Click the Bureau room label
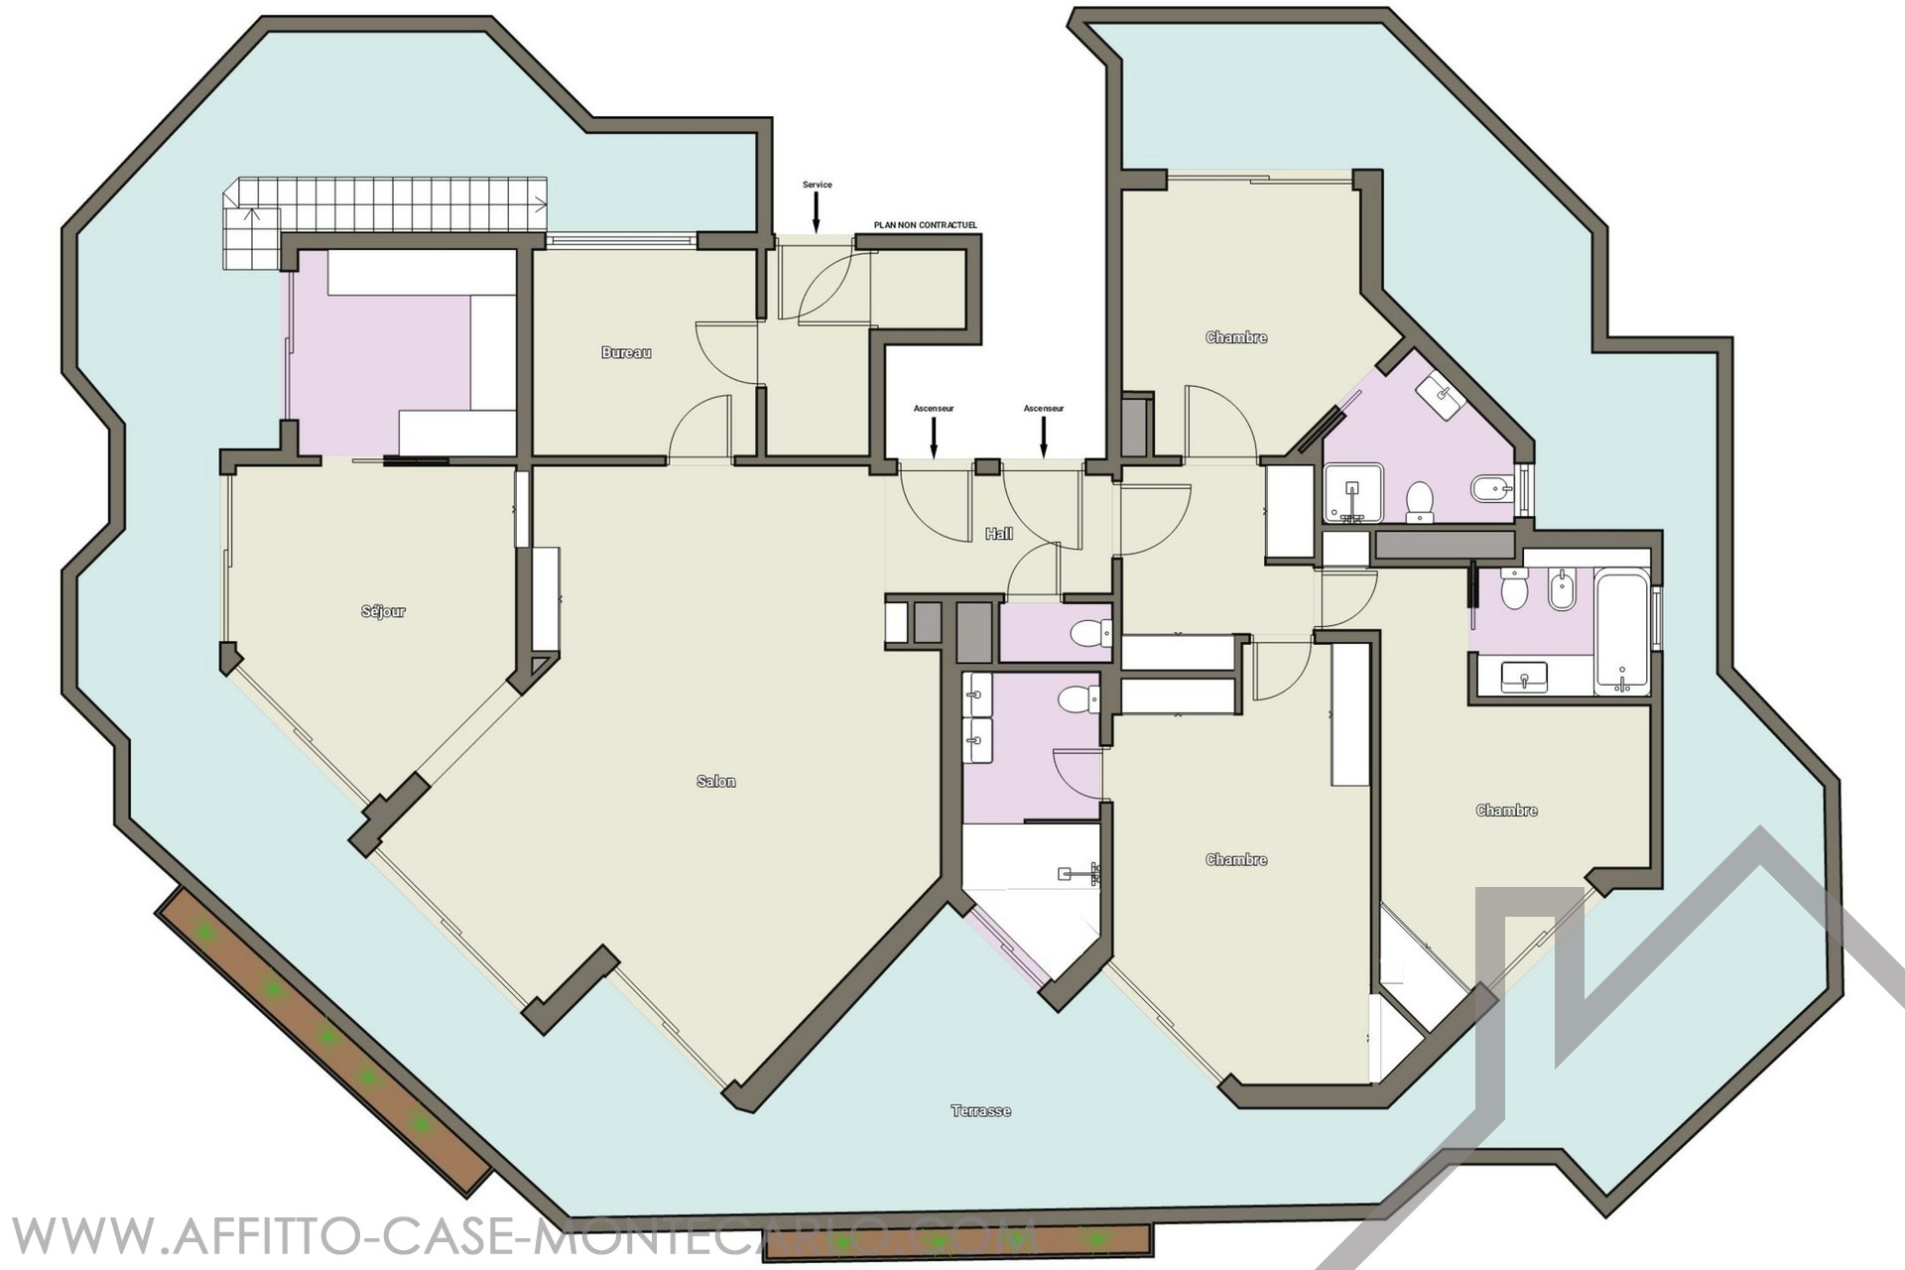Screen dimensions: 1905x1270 626,352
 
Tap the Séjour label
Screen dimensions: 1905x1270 383,611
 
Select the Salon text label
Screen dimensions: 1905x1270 716,782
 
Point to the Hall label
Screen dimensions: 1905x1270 999,534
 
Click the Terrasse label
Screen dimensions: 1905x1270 981,1111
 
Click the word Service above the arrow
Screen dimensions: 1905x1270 818,185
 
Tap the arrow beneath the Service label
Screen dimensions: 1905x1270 817,213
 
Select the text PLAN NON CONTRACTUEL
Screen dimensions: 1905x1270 926,225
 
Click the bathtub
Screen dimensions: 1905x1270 1622,631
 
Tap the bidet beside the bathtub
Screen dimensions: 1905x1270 1562,589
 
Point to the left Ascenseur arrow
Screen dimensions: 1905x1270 933,439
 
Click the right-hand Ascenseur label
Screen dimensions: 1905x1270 1044,408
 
